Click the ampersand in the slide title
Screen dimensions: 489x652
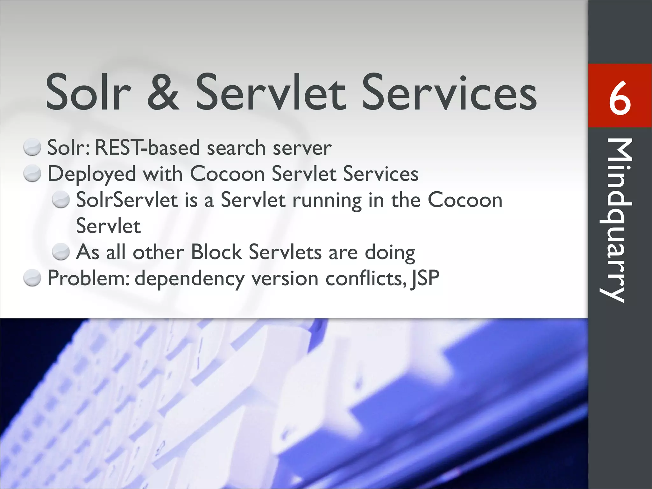pyautogui.click(x=163, y=92)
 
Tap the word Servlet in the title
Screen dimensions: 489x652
pyautogui.click(x=270, y=92)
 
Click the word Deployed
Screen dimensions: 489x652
pyautogui.click(x=91, y=174)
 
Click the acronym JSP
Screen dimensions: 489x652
pyautogui.click(x=425, y=278)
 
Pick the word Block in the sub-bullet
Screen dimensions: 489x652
pyautogui.click(x=216, y=252)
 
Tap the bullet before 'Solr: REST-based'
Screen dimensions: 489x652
pyautogui.click(x=32, y=148)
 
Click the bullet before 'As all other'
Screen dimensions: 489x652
pyautogui.click(x=61, y=252)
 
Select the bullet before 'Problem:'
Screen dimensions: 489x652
pyautogui.click(x=32, y=278)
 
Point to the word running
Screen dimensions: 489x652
pyautogui.click(x=327, y=201)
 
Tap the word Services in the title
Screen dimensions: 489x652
pyautogui.click(x=450, y=92)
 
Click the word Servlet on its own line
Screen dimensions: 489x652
pyautogui.click(x=108, y=226)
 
